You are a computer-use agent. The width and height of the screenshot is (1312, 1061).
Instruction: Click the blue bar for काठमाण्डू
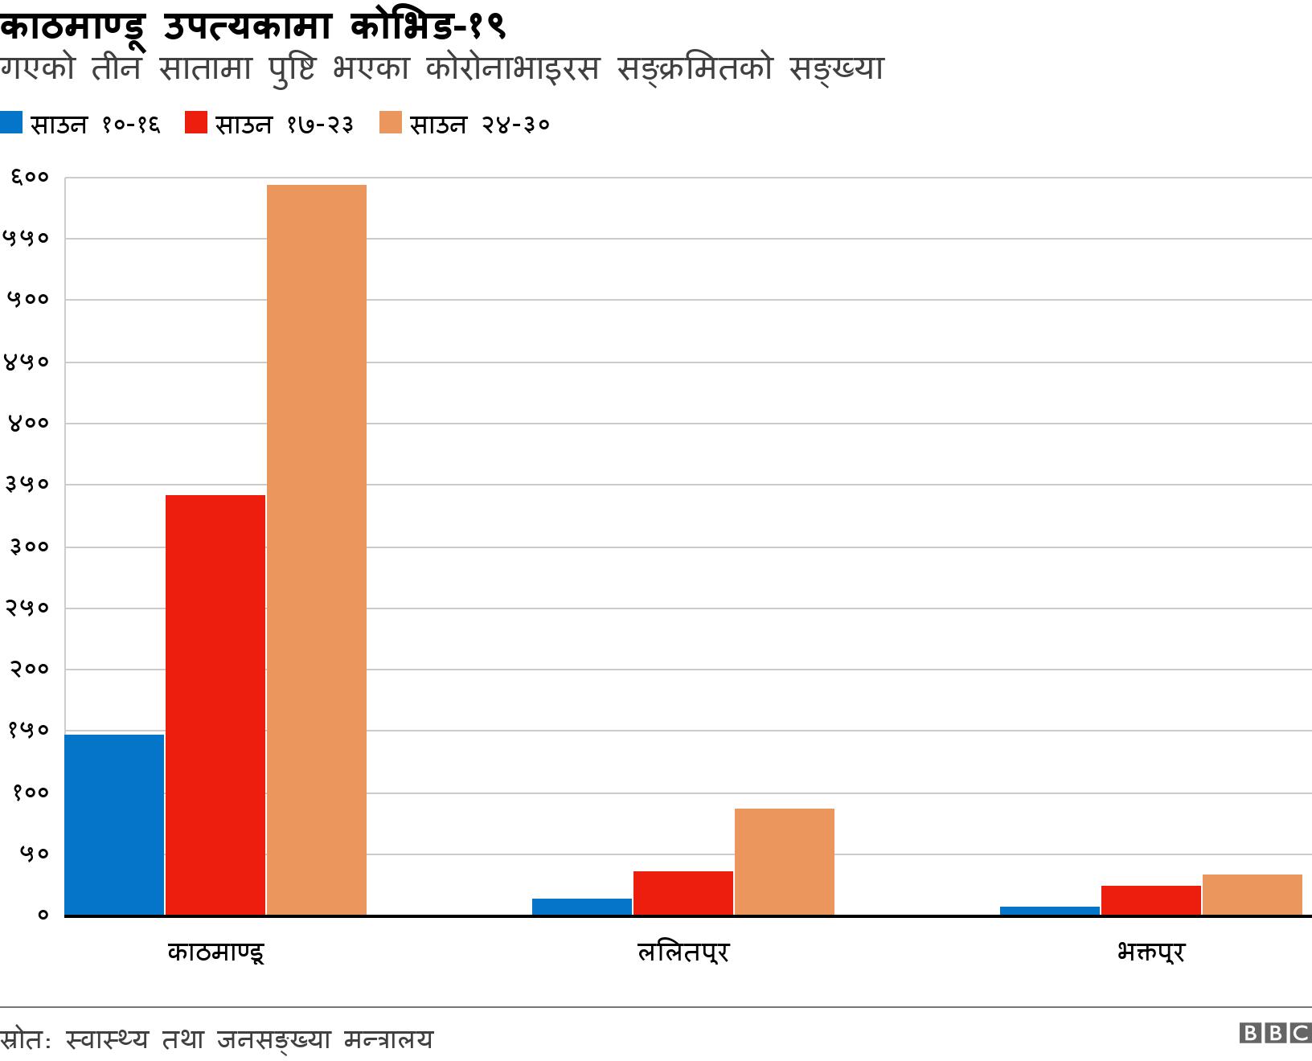[x=114, y=825]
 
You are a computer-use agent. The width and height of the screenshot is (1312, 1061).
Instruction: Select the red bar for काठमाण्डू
[x=215, y=705]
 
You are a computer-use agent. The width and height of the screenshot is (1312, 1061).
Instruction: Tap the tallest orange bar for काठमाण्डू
[x=317, y=550]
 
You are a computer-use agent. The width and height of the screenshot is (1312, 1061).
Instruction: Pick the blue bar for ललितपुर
[x=582, y=907]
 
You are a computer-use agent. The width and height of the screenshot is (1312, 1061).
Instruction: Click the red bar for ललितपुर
[x=683, y=893]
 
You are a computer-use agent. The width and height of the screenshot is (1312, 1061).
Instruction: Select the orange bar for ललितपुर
[x=785, y=862]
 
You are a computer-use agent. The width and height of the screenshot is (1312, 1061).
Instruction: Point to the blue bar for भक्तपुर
[x=1050, y=911]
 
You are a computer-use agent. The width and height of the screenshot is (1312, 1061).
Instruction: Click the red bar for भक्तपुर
[x=1151, y=900]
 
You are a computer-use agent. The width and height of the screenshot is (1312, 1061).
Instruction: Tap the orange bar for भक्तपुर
[x=1253, y=895]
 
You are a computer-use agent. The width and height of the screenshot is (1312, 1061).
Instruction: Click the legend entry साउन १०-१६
[x=80, y=125]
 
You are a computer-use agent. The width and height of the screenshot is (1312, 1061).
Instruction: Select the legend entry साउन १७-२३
[x=269, y=125]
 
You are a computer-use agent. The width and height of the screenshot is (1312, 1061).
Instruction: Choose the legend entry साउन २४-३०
[x=465, y=125]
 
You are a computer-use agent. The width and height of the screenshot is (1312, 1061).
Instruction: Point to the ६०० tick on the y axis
[x=29, y=178]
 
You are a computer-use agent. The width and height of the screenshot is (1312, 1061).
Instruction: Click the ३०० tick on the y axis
[x=29, y=547]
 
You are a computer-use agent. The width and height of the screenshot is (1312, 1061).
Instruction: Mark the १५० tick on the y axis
[x=29, y=731]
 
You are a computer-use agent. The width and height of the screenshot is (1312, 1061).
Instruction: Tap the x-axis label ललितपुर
[x=683, y=953]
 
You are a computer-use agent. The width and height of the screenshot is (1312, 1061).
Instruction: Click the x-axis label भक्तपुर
[x=1151, y=953]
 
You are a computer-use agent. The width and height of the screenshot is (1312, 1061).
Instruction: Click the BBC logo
[x=1275, y=1034]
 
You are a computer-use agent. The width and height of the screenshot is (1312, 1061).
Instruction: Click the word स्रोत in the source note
[x=23, y=1039]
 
